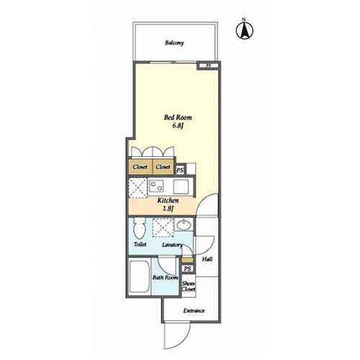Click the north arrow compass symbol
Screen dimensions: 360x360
tap(245, 30)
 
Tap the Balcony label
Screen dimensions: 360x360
tap(174, 43)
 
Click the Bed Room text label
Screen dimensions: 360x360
tap(178, 117)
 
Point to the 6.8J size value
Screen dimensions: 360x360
tap(178, 125)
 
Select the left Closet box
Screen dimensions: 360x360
tap(140, 167)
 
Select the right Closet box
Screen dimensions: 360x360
tap(163, 167)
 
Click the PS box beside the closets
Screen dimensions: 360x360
tap(180, 171)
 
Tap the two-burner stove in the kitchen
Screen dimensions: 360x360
tap(156, 186)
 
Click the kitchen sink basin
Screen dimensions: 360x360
tap(181, 186)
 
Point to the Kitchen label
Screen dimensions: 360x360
tap(168, 200)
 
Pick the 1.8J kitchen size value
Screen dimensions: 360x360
tap(168, 209)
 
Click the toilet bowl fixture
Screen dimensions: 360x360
tap(140, 228)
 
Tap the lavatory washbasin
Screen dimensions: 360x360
tap(184, 225)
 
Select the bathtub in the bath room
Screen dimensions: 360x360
tap(139, 276)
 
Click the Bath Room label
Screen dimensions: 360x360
tap(166, 278)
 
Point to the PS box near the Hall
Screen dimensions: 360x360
tap(187, 269)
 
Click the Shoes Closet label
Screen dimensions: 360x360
tap(189, 287)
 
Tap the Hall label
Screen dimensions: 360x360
tap(207, 259)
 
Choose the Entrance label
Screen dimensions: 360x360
tap(194, 311)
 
